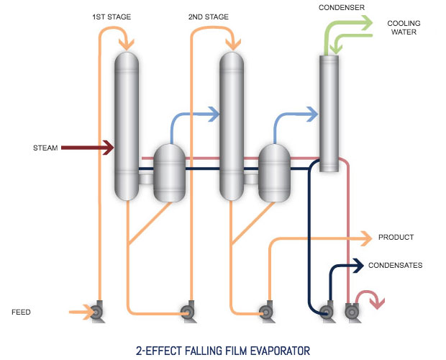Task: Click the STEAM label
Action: (45, 148)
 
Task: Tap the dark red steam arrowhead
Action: (109, 148)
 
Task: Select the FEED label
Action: (21, 312)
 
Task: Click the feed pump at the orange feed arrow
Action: (96, 312)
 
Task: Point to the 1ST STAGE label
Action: (111, 17)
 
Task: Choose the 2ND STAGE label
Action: (209, 17)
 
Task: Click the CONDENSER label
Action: (342, 8)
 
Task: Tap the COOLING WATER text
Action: (404, 27)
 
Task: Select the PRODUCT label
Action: (396, 238)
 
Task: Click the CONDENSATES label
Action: (396, 266)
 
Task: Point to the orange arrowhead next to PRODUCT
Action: (367, 238)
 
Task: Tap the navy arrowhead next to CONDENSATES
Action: (358, 266)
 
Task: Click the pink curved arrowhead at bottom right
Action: (378, 303)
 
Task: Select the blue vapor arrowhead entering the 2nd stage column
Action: (214, 114)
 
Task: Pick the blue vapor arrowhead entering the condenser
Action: (312, 114)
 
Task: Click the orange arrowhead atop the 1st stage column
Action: (127, 45)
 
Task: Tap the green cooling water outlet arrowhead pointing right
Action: (367, 22)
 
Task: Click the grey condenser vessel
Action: (329, 114)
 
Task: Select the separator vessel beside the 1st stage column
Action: (169, 173)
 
